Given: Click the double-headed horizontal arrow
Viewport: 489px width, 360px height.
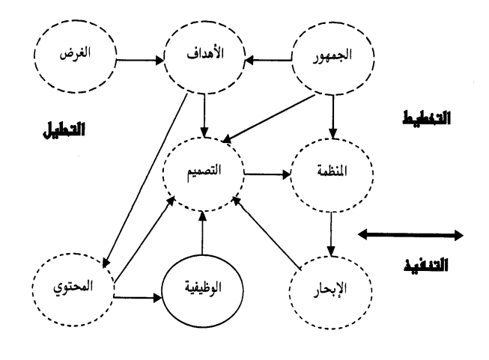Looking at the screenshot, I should coord(410,236).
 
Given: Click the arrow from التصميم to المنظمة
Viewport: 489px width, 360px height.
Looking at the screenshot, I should coord(267,177).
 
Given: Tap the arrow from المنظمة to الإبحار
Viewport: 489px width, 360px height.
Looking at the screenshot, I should coord(327,232).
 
